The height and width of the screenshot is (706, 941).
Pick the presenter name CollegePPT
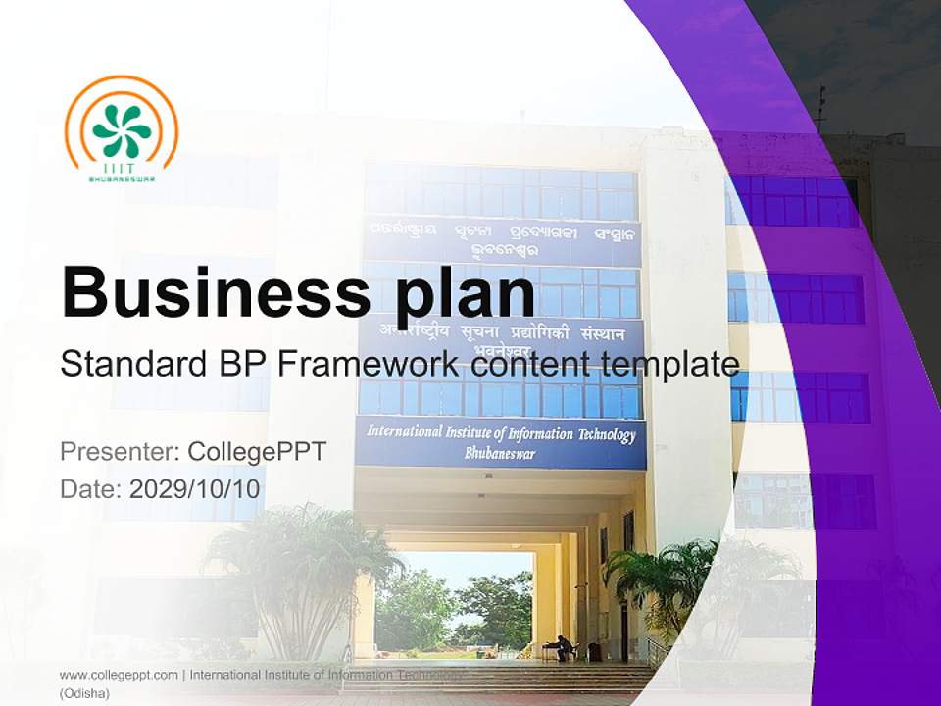click(x=256, y=452)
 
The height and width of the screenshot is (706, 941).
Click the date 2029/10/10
click(x=195, y=488)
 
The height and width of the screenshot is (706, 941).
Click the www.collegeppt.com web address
click(x=119, y=675)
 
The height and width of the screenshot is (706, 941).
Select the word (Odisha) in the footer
click(x=85, y=693)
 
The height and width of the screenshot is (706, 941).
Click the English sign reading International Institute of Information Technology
click(x=501, y=433)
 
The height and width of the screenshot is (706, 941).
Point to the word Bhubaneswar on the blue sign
click(x=500, y=454)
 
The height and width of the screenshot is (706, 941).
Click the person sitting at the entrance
click(x=562, y=647)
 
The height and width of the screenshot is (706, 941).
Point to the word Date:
click(x=91, y=488)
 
